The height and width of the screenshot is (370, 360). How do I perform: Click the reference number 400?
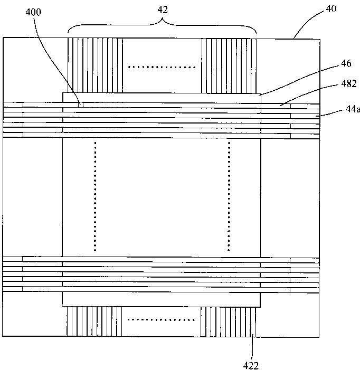coord(33,12)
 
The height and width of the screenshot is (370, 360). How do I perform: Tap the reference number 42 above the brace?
coord(163,10)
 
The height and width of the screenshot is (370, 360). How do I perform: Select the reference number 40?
coord(331,8)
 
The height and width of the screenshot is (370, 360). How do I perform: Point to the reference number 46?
coord(346,63)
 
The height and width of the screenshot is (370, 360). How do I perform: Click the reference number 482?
coord(349,83)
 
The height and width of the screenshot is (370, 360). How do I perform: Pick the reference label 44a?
coord(353,109)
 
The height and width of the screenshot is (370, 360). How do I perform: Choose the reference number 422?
coord(251,366)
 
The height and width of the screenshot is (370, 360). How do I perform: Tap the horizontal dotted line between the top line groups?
coord(162,67)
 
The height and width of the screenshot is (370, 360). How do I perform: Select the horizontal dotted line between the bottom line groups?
coord(161,320)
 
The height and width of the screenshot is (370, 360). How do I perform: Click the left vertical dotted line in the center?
coord(95,196)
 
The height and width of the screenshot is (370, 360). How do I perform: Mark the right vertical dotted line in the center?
coord(229,196)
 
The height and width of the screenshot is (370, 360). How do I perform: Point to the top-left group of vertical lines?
coord(95,65)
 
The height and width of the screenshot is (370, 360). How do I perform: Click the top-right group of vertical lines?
coord(229,65)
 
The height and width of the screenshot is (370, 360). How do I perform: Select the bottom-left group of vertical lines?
coord(94,321)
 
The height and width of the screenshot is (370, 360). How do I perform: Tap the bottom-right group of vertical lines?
coord(228,321)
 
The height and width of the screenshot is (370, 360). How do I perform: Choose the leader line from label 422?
coord(252,348)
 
